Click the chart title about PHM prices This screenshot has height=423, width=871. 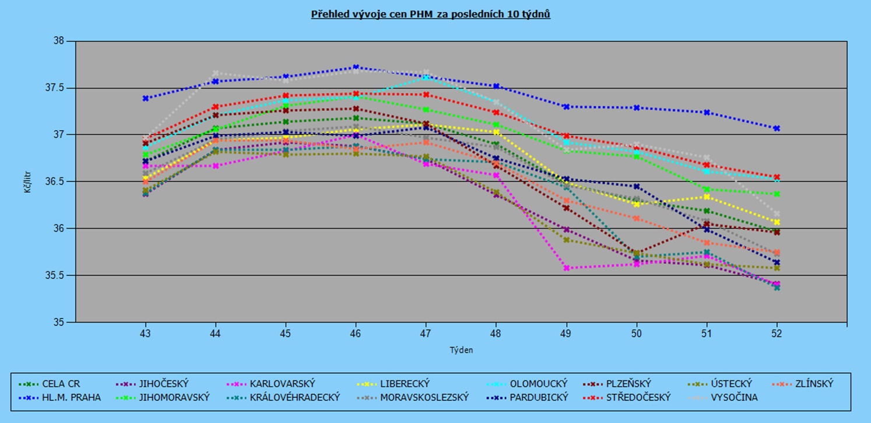(x=431, y=15)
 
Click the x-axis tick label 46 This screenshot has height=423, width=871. (x=356, y=334)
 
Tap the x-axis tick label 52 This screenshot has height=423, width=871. (x=777, y=334)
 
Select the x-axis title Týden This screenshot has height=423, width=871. (x=461, y=350)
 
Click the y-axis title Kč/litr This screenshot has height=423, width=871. (x=28, y=181)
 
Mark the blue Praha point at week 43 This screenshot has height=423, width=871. (x=146, y=99)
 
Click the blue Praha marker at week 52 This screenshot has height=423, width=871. (x=777, y=128)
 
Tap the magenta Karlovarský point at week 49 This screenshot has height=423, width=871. (x=566, y=268)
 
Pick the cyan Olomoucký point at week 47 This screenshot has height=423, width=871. (x=426, y=78)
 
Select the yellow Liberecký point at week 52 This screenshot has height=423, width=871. (x=777, y=222)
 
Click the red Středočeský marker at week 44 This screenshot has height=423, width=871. (x=216, y=107)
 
